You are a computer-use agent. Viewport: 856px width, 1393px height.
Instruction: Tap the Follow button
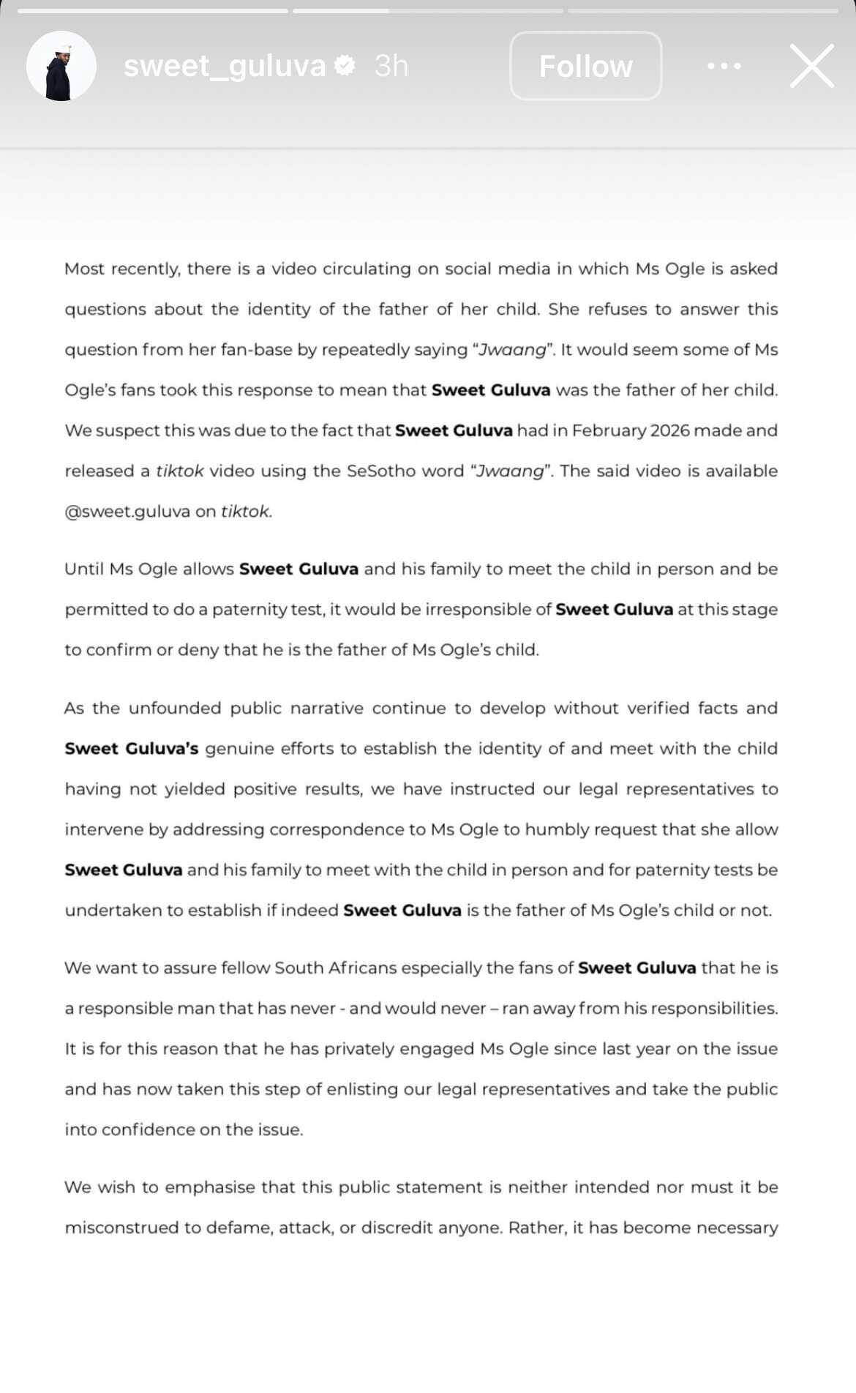(x=585, y=66)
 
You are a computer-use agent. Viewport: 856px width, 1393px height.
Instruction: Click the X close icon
(x=812, y=66)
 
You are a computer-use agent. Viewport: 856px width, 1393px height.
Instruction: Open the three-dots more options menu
(x=724, y=66)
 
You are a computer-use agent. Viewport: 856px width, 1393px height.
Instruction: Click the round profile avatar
(x=61, y=66)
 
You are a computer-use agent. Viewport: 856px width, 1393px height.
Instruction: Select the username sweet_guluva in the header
(x=224, y=66)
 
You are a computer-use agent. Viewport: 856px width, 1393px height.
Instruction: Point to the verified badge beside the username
(x=345, y=66)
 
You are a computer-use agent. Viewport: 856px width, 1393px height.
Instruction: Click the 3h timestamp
(x=391, y=66)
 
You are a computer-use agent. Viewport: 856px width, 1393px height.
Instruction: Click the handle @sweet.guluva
(x=127, y=512)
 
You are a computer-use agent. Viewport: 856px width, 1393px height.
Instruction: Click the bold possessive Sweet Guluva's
(x=132, y=749)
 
